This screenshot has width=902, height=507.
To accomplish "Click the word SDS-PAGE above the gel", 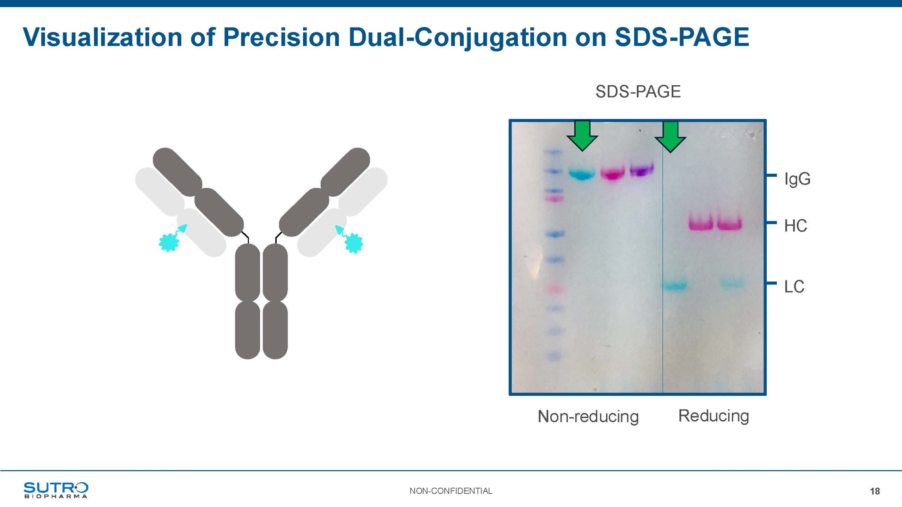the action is tap(638, 92).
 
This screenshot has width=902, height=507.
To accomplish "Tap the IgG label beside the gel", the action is tap(797, 179).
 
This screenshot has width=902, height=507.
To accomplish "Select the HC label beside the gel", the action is tap(796, 226).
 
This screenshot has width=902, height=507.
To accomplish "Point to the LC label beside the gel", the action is tap(794, 287).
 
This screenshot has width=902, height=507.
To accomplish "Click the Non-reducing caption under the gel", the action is tap(588, 417).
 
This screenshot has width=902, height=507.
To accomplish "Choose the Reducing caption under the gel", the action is tap(713, 416).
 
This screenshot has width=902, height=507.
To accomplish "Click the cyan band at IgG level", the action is tap(582, 173).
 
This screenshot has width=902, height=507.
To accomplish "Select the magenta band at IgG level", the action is tap(613, 173).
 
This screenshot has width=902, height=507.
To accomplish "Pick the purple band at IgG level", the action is tap(642, 170).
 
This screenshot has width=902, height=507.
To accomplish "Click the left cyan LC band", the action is tap(675, 285).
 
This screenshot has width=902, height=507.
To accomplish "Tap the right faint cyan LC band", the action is tap(733, 283).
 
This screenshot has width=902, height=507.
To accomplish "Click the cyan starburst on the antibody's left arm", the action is tap(169, 242).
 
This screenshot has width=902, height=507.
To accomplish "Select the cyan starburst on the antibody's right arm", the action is tap(354, 243).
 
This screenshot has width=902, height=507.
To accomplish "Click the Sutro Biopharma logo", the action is tap(56, 490).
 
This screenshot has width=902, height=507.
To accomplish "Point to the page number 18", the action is tap(875, 492).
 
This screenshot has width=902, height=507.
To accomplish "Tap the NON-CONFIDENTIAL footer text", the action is tap(451, 491).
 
